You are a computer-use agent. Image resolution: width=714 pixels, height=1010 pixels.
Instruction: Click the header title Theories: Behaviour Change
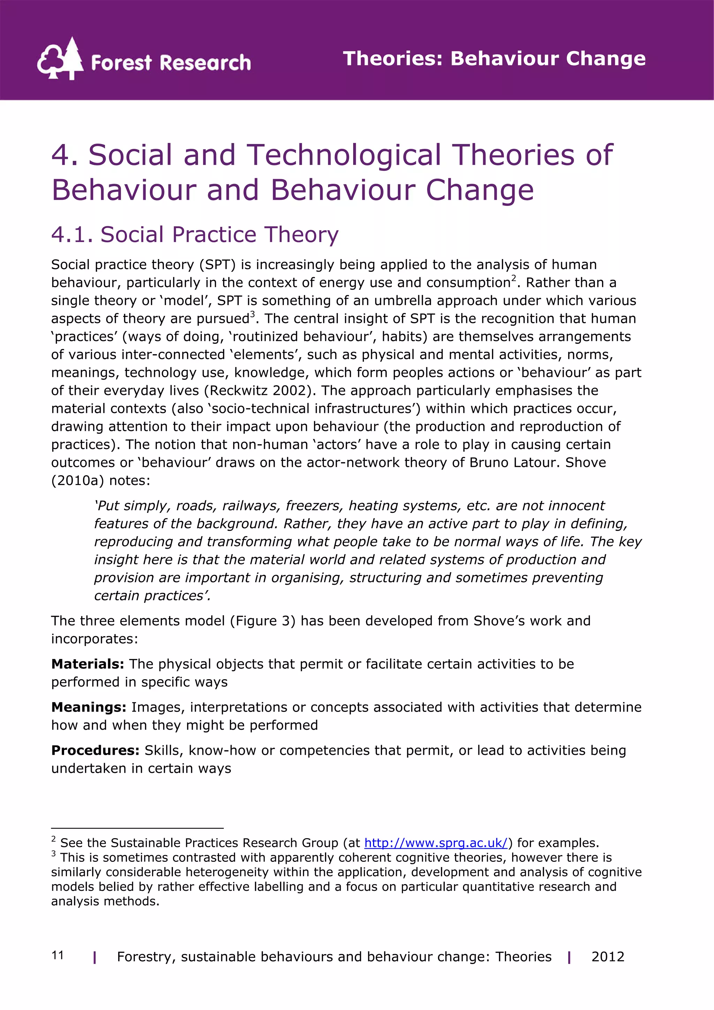[494, 59]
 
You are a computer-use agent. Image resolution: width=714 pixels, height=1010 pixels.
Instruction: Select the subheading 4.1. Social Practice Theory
[195, 235]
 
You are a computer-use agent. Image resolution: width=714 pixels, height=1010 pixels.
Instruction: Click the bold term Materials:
[88, 664]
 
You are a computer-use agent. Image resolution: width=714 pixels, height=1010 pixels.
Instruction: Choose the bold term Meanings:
[89, 707]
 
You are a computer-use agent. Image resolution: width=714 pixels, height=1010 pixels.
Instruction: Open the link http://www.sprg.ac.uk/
[435, 843]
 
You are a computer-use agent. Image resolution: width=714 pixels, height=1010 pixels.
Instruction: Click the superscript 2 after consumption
[514, 278]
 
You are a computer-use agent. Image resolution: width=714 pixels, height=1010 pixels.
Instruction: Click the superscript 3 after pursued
[252, 314]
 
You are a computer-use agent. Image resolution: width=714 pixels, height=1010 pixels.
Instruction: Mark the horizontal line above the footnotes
[137, 828]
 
